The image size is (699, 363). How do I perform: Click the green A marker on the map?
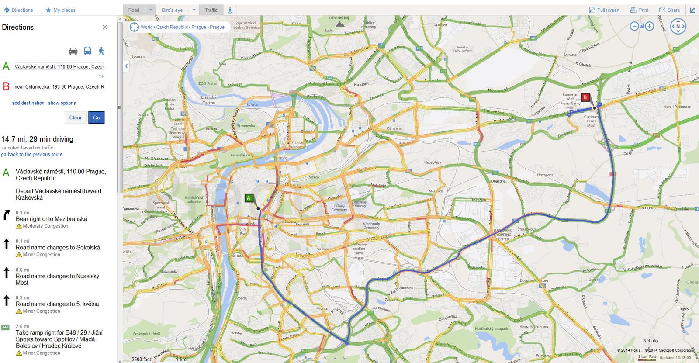tap(249, 198)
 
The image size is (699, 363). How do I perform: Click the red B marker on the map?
tap(585, 97)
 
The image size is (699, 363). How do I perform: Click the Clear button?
tap(75, 118)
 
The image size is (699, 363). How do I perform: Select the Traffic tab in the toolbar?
tap(211, 10)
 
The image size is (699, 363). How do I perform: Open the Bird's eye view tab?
tap(172, 10)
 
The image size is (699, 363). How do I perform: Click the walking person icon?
tap(101, 51)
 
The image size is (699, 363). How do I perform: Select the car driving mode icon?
tap(73, 51)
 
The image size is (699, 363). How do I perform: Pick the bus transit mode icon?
tap(87, 51)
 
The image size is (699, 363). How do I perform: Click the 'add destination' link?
tap(28, 103)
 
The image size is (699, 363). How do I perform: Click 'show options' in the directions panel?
tap(62, 103)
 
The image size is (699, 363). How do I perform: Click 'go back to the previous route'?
tap(32, 155)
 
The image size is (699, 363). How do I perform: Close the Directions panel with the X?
tap(105, 27)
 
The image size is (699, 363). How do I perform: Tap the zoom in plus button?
tap(650, 26)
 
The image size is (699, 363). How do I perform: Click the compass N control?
tap(678, 26)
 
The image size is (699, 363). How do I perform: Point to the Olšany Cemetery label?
tap(339, 208)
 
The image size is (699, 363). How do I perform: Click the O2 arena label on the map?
tap(394, 128)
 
